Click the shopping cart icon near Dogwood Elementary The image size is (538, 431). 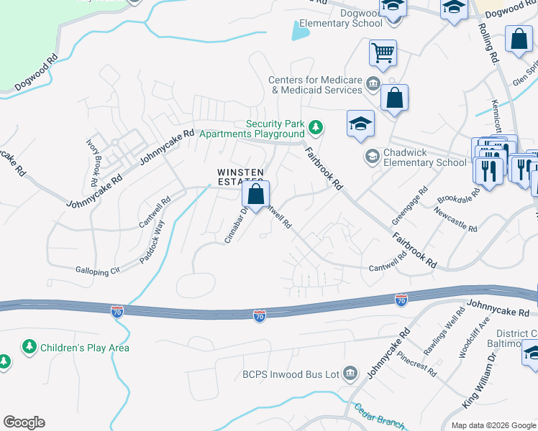383,52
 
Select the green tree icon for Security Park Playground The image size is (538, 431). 315,129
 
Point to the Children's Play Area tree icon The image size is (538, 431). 29,348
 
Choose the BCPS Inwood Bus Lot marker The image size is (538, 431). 350,373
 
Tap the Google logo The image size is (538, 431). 24,422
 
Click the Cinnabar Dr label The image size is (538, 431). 236,225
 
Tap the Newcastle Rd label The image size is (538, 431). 455,220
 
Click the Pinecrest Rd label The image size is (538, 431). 416,363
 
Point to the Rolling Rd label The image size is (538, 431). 488,43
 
